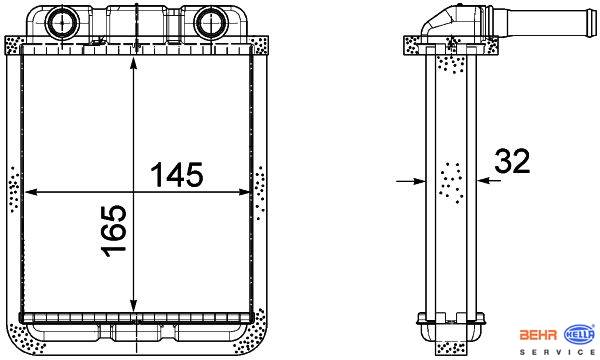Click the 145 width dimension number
tap(176, 174)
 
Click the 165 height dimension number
tap(114, 231)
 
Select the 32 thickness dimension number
tap(512, 161)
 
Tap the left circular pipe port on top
tap(62, 23)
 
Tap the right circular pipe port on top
tap(210, 23)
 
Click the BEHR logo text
tap(538, 335)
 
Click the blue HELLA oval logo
tap(580, 335)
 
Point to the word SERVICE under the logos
tap(557, 352)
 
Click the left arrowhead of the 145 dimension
tap(31, 192)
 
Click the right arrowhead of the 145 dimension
tap(244, 192)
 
